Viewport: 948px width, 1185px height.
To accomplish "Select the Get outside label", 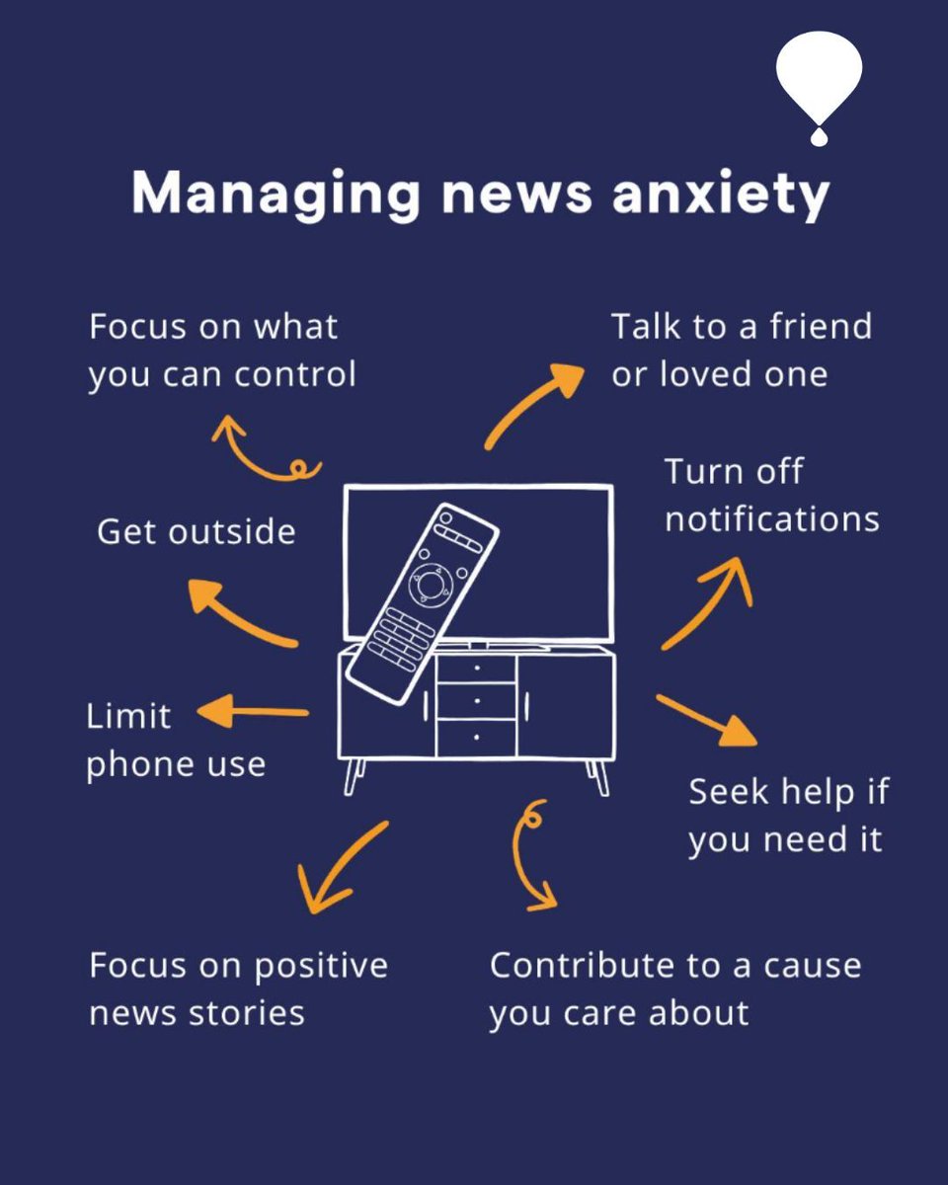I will click(x=196, y=532).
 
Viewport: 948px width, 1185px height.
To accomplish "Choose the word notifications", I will click(x=771, y=519).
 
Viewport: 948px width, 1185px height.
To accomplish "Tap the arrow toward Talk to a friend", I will click(x=534, y=405).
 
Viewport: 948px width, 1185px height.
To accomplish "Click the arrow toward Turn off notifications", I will click(x=708, y=602).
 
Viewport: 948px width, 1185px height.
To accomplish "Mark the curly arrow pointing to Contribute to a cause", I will click(x=531, y=854).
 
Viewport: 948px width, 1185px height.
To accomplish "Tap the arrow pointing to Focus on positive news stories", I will click(x=342, y=869).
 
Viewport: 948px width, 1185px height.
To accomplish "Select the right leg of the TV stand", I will click(x=598, y=776).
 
